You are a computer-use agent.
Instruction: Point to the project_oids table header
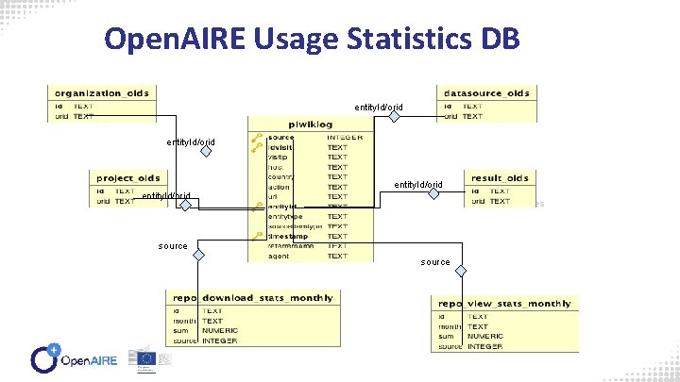pyautogui.click(x=129, y=176)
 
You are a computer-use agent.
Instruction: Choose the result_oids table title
pyautogui.click(x=509, y=176)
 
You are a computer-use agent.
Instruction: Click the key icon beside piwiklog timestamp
pyautogui.click(x=256, y=237)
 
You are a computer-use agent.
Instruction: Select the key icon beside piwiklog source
pyautogui.click(x=256, y=138)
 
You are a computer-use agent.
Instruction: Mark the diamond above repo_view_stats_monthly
pyautogui.click(x=460, y=271)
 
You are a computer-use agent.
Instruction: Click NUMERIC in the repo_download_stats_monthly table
pyautogui.click(x=219, y=331)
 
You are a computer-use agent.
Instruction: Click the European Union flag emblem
pyautogui.click(x=146, y=358)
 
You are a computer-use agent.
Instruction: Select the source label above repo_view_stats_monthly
pyautogui.click(x=435, y=261)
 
